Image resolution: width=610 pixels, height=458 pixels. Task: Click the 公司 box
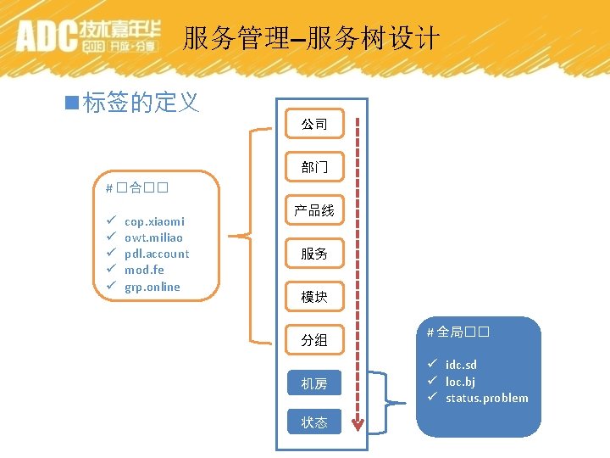314,124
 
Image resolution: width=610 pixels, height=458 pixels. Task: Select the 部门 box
314,167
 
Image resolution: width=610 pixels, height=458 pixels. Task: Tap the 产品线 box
314,210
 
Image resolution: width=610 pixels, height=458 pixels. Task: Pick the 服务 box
314,254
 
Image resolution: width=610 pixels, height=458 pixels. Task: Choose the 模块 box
314,297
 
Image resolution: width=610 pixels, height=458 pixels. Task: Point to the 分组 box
314,340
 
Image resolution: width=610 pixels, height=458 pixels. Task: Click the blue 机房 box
314,383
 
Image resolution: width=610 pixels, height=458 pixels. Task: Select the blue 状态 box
314,422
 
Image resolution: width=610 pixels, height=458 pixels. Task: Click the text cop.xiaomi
154,221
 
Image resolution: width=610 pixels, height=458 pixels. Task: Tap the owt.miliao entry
153,237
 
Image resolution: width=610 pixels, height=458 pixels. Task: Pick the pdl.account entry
157,254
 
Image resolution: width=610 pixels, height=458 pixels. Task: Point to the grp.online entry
152,287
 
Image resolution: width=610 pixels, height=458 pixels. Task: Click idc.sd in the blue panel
461,366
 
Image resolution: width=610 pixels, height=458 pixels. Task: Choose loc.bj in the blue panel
460,382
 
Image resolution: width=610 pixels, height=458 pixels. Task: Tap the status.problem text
487,398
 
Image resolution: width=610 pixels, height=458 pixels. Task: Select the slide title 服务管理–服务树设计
311,38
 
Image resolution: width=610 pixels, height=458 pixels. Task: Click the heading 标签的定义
141,103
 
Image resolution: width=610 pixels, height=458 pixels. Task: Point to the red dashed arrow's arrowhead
358,424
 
